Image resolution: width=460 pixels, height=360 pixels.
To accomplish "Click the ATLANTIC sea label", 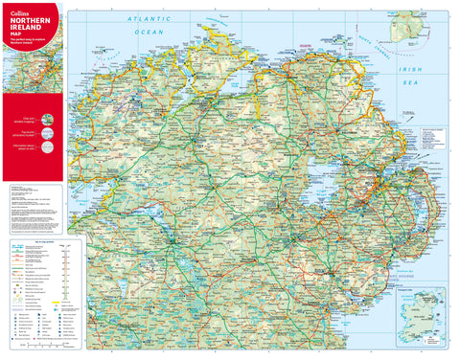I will (153, 19).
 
